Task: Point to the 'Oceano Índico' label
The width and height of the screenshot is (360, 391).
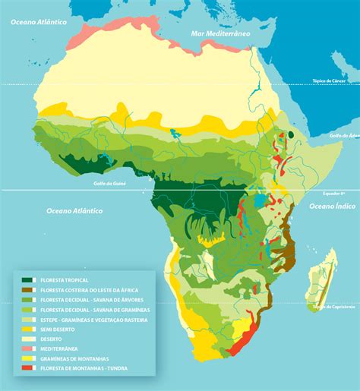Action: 328,206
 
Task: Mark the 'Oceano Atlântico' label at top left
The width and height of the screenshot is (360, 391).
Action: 35,23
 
